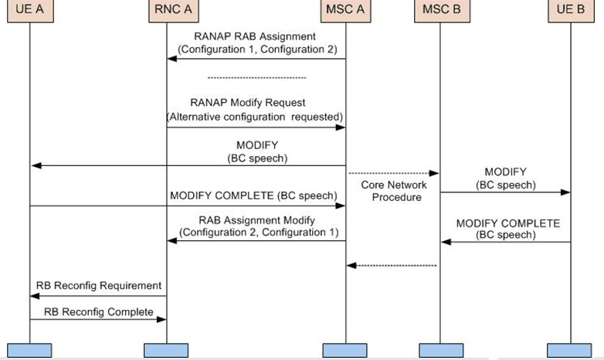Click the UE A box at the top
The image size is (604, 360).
(x=29, y=12)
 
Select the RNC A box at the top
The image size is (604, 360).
(x=166, y=12)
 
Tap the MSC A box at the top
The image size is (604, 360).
(x=344, y=12)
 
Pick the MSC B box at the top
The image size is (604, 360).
(x=439, y=12)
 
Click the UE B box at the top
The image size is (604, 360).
(x=571, y=12)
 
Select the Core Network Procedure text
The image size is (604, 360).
(x=392, y=192)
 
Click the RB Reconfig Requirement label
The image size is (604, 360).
(x=98, y=286)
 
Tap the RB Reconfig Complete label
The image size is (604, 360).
(x=98, y=312)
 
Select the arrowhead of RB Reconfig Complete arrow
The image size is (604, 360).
(x=162, y=319)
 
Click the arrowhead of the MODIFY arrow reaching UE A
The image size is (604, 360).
(x=35, y=165)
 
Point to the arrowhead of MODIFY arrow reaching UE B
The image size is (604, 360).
(x=566, y=192)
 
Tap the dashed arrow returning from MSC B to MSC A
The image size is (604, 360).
(x=392, y=265)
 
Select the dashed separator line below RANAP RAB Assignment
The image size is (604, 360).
(x=257, y=77)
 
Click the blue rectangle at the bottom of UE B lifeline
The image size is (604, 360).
(x=571, y=350)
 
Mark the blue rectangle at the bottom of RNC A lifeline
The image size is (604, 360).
(x=166, y=350)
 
